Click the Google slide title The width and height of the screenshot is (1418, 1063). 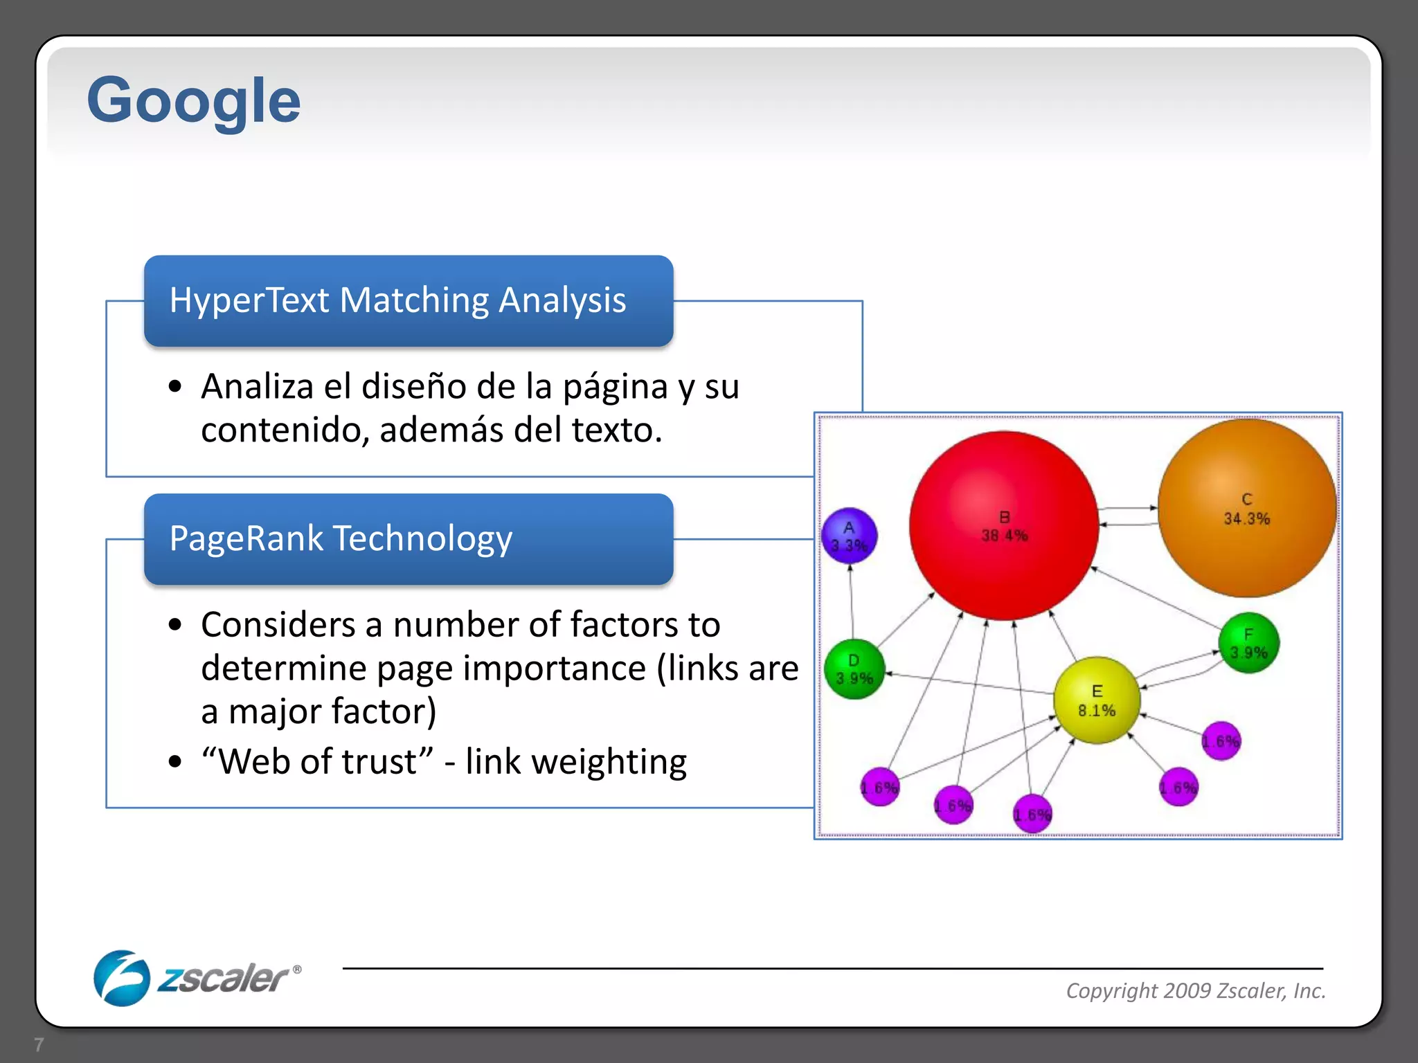click(x=193, y=101)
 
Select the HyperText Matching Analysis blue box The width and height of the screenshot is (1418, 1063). click(x=409, y=301)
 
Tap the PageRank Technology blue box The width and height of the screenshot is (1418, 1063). click(x=409, y=539)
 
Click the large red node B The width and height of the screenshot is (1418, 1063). click(x=1004, y=484)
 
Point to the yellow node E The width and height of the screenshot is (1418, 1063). click(x=1096, y=720)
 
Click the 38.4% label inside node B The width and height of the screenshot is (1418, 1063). click(x=1004, y=536)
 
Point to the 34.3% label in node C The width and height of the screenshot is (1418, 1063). click(x=1246, y=519)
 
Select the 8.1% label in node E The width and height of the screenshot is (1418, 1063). click(x=1097, y=711)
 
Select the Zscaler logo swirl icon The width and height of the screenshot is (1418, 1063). click(x=121, y=978)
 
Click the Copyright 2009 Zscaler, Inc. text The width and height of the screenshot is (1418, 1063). click(x=1196, y=990)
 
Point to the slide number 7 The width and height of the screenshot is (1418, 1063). click(x=39, y=1044)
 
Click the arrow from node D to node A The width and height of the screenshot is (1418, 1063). click(x=851, y=602)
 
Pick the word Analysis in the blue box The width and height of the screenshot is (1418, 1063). click(x=562, y=301)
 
